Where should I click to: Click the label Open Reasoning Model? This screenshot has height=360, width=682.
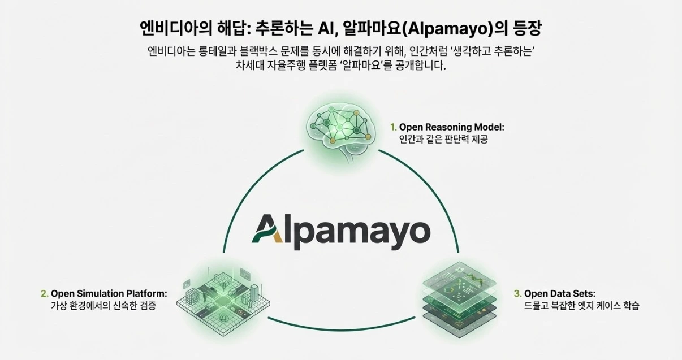[x=451, y=127]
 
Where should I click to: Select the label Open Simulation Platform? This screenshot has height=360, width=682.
[x=109, y=294]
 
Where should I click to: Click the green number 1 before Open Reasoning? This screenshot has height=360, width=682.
[x=394, y=127]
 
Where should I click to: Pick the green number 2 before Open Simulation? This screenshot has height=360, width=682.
[x=44, y=294]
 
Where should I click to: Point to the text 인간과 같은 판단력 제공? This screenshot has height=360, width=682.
[x=443, y=140]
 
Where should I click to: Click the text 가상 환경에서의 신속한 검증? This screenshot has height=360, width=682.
[x=103, y=306]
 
